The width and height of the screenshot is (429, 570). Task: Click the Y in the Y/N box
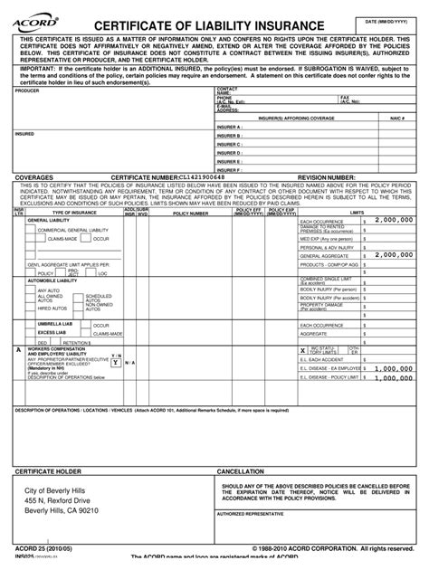click(x=115, y=361)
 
